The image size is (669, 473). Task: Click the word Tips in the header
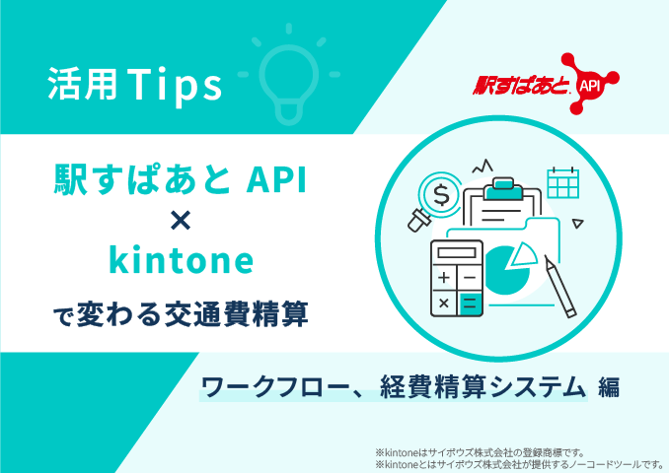pyautogui.click(x=174, y=85)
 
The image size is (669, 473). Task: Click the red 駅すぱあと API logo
pyautogui.click(x=546, y=84)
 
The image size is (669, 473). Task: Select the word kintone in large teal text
pyautogui.click(x=182, y=259)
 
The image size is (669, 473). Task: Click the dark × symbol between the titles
pyautogui.click(x=181, y=221)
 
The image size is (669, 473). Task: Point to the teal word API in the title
pyautogui.click(x=276, y=179)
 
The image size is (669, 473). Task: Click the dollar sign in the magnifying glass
pyautogui.click(x=441, y=195)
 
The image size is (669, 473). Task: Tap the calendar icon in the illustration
pyautogui.click(x=562, y=182)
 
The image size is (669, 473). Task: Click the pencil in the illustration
pyautogui.click(x=560, y=286)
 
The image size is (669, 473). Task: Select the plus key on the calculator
pyautogui.click(x=444, y=278)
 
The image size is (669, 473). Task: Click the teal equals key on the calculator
pyautogui.click(x=470, y=304)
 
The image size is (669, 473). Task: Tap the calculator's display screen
pyautogui.click(x=457, y=252)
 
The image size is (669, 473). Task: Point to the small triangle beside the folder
pyautogui.click(x=577, y=224)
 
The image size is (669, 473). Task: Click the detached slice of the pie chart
pyautogui.click(x=524, y=254)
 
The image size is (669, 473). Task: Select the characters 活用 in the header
pyautogui.click(x=82, y=84)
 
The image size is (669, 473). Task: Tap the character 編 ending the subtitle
pyautogui.click(x=609, y=388)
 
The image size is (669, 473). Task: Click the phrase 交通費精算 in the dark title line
pyautogui.click(x=237, y=314)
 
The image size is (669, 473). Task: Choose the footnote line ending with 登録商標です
pyautogui.click(x=480, y=452)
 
